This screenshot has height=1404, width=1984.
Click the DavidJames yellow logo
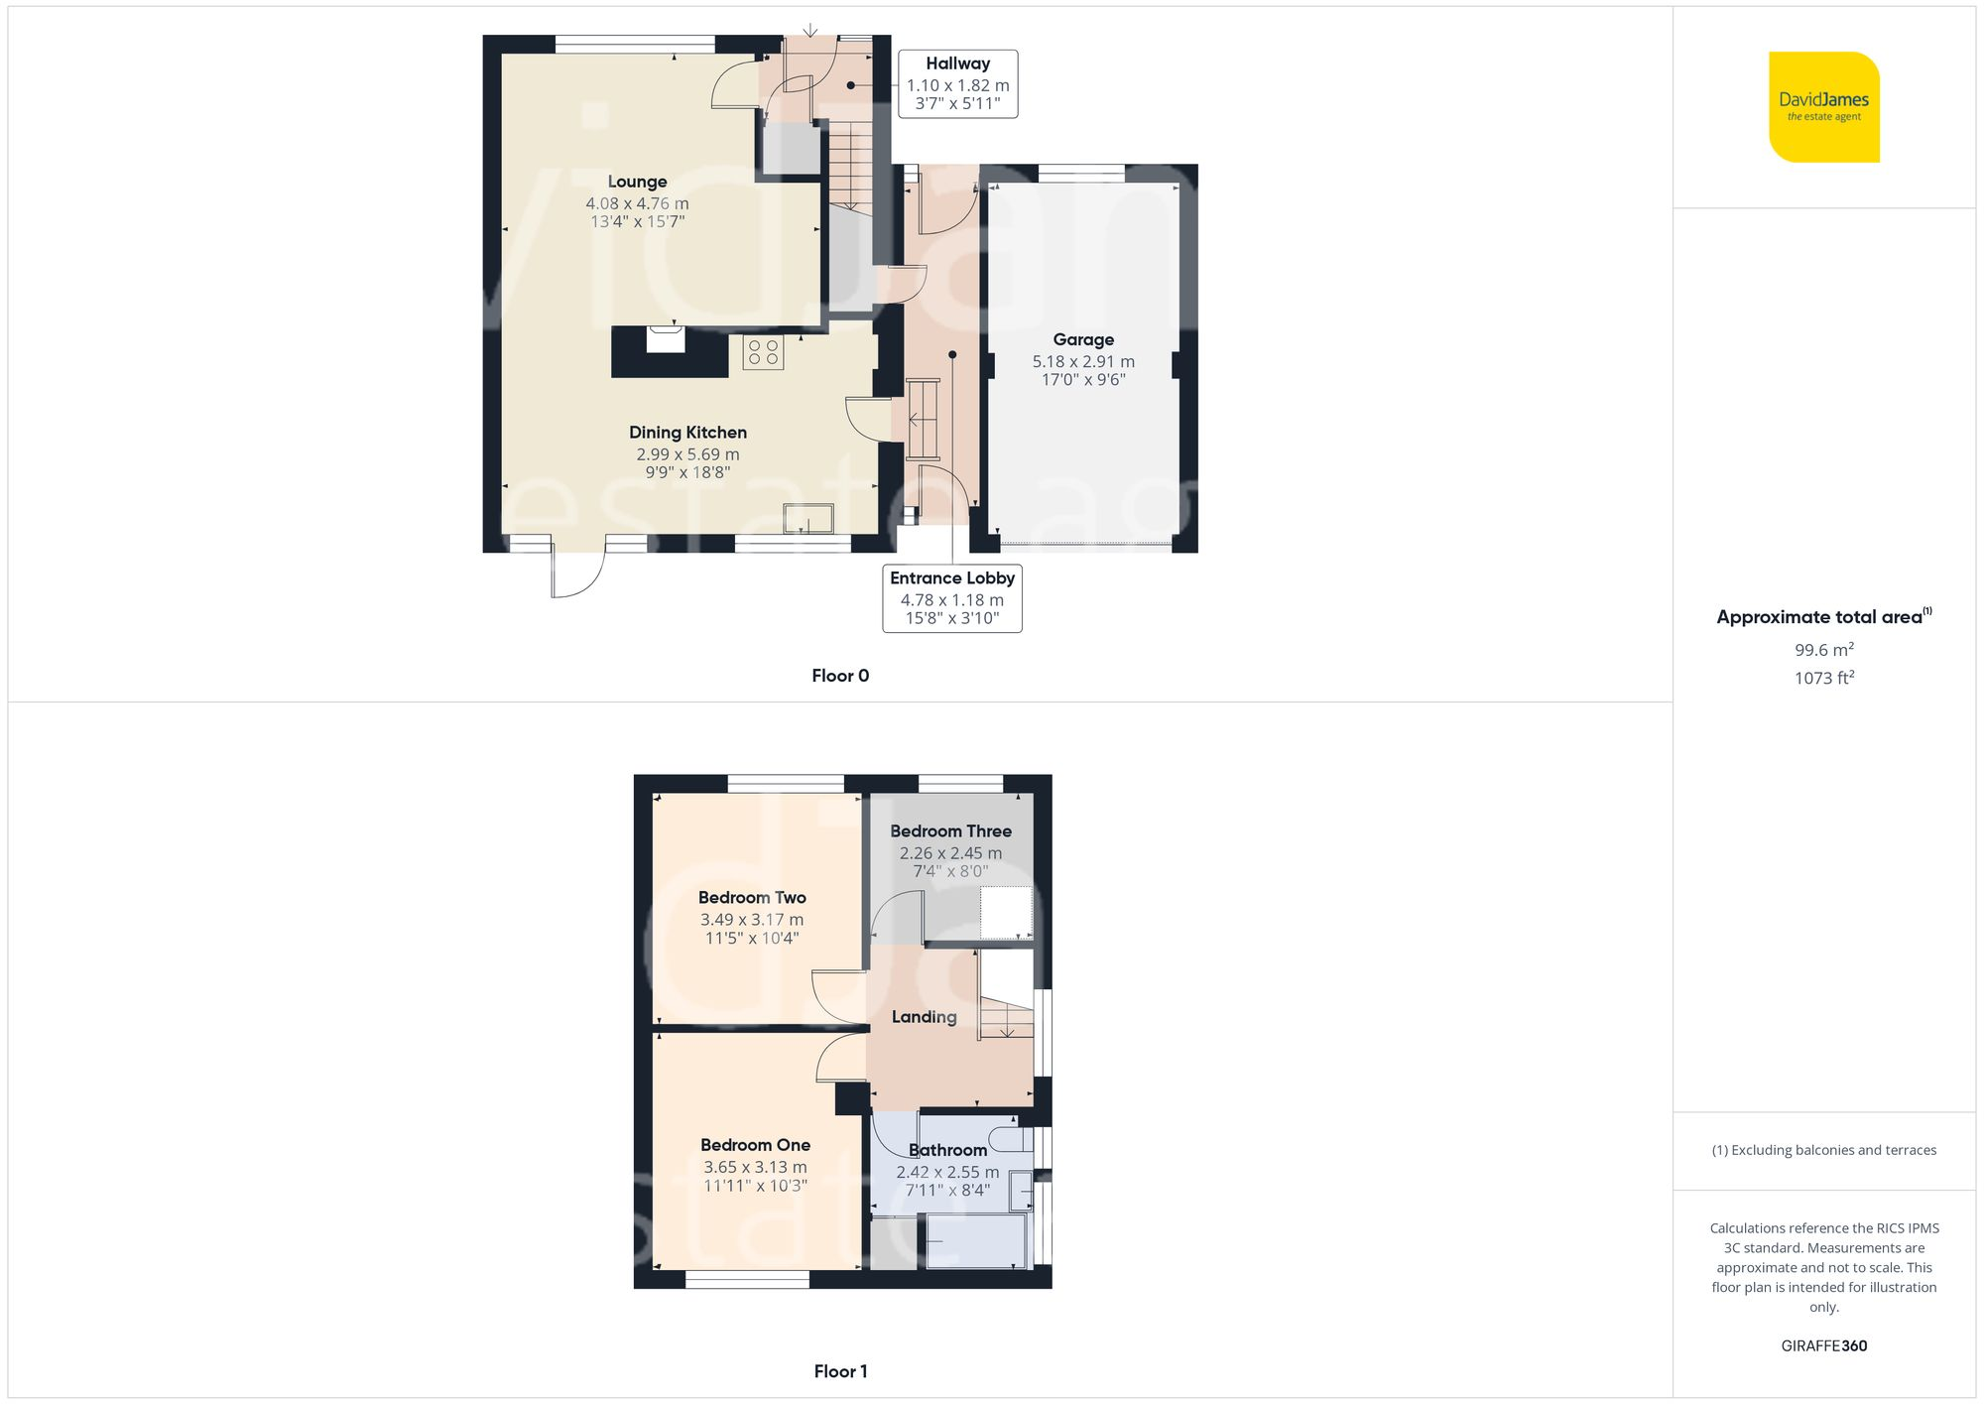click(1823, 107)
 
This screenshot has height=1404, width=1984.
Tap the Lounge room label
click(637, 182)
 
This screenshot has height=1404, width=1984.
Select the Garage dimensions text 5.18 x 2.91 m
click(1083, 361)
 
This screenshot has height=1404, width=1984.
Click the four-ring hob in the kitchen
click(763, 352)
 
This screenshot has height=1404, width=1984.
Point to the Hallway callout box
click(957, 83)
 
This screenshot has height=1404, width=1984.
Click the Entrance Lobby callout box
click(951, 597)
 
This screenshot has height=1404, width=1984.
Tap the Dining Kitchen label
click(687, 433)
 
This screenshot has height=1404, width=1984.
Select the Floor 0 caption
click(839, 676)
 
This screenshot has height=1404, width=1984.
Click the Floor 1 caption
click(839, 1371)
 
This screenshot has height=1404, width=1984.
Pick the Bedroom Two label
click(752, 897)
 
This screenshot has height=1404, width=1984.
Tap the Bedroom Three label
click(950, 831)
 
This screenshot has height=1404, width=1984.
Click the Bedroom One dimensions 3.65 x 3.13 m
click(755, 1167)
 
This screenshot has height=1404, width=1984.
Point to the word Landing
click(924, 1017)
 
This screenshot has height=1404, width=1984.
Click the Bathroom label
click(947, 1150)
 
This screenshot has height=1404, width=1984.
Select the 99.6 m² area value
click(1823, 650)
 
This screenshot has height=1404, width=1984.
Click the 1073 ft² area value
click(1823, 678)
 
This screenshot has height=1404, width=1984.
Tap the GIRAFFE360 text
click(1823, 1345)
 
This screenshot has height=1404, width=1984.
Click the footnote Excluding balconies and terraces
click(1823, 1150)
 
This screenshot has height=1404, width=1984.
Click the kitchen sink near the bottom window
click(807, 519)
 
